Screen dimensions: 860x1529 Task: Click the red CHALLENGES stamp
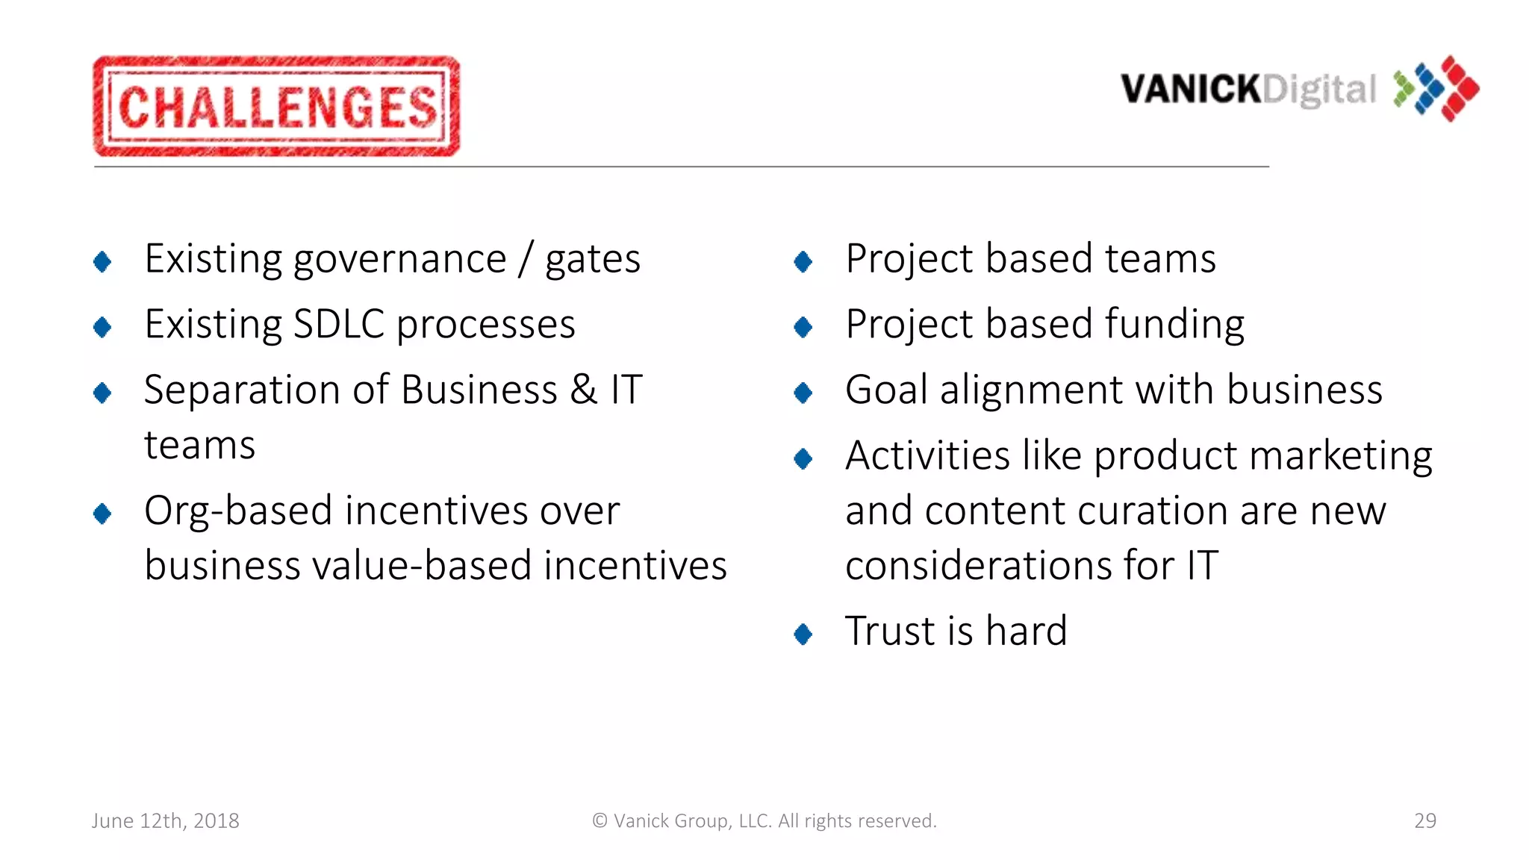(276, 106)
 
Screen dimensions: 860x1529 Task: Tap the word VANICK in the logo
(1190, 90)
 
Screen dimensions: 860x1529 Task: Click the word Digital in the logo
(1319, 90)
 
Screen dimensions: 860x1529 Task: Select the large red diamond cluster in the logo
(1459, 88)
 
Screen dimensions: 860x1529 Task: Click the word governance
(399, 260)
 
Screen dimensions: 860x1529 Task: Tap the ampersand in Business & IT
(584, 390)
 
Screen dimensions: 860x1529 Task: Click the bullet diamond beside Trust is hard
(803, 635)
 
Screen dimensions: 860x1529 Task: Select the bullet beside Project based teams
(803, 261)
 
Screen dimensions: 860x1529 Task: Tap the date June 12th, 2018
(165, 821)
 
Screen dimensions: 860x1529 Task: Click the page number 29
(1424, 821)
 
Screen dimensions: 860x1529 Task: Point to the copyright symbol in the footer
(600, 821)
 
